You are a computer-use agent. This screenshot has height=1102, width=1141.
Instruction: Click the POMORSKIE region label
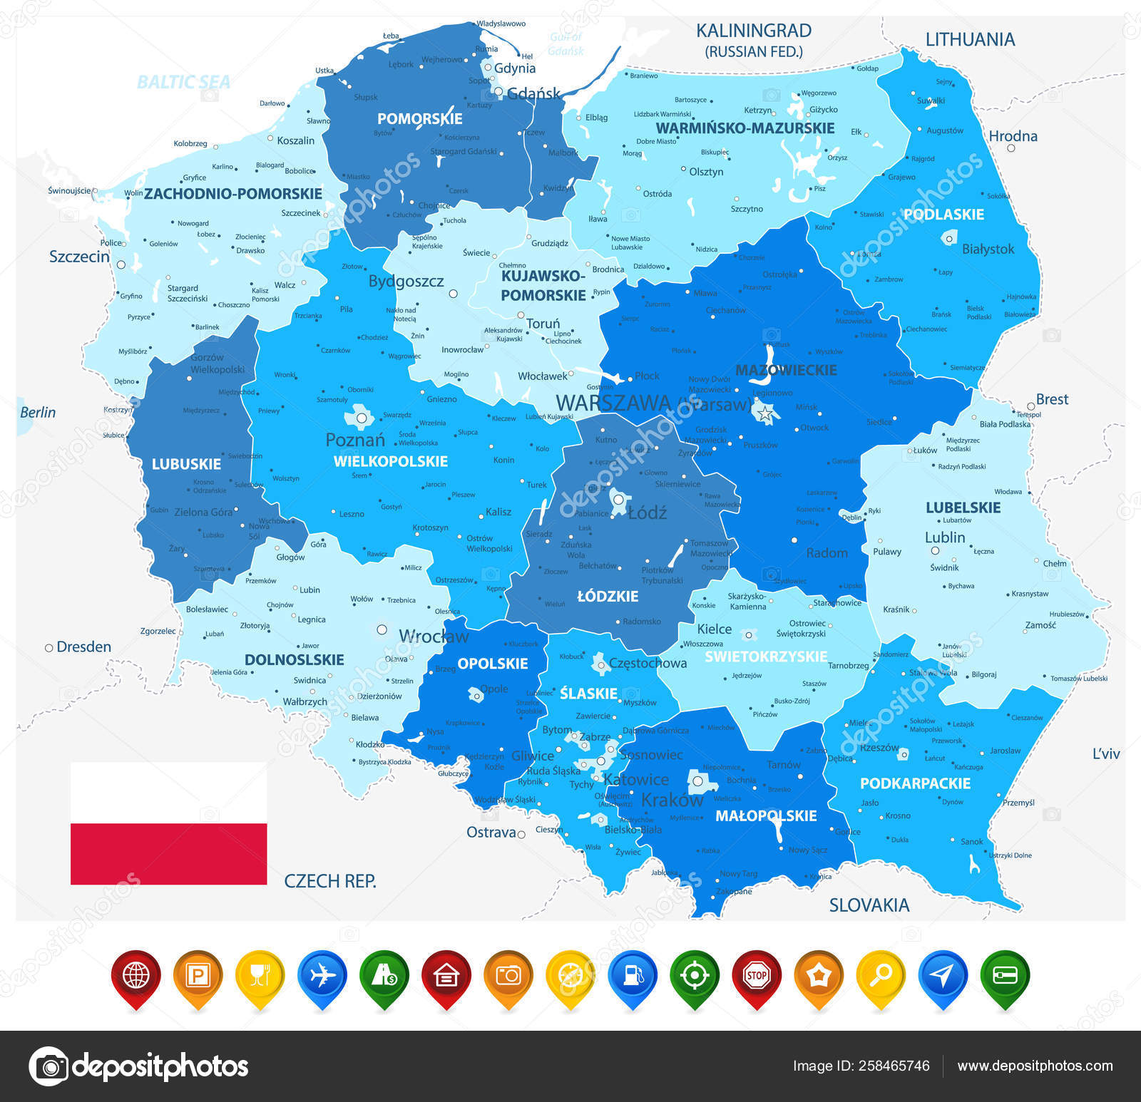(419, 119)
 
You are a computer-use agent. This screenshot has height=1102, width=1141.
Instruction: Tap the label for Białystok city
(988, 249)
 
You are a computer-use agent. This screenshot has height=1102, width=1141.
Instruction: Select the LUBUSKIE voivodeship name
(186, 464)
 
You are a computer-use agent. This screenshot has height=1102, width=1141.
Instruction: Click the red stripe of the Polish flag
(168, 854)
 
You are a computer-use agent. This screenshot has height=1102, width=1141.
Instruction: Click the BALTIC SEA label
(183, 83)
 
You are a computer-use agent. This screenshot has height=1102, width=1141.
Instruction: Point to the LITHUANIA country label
(970, 40)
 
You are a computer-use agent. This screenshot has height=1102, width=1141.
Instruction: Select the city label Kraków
(672, 800)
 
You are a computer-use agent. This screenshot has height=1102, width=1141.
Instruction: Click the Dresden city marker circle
(49, 648)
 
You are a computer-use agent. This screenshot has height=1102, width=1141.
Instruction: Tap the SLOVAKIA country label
(869, 905)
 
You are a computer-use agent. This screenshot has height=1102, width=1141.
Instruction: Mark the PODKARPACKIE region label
(915, 783)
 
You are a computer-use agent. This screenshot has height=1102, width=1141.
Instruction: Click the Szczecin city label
(79, 257)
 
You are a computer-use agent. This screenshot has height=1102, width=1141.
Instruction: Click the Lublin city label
(945, 537)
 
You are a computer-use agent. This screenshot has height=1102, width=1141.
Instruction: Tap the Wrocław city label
(434, 636)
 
